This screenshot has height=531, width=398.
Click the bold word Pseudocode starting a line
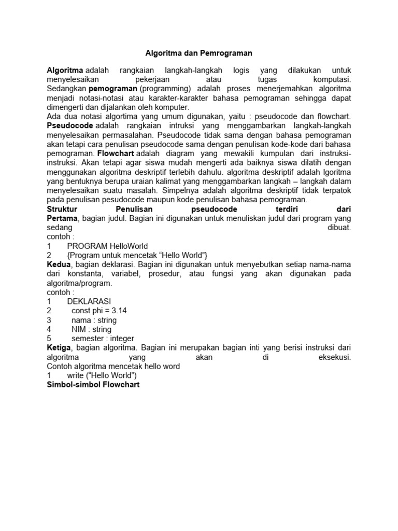click(x=70, y=126)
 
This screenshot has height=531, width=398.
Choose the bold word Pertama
click(x=62, y=218)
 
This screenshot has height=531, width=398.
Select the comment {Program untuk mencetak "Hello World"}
click(x=137, y=255)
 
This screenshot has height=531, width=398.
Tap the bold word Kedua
click(x=59, y=264)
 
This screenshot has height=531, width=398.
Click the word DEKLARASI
click(x=89, y=301)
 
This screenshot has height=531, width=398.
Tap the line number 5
click(x=49, y=339)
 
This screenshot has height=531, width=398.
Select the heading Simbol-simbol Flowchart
click(x=93, y=385)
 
